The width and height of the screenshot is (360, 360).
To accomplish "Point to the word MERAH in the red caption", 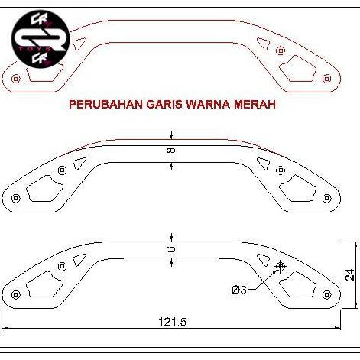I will (x=255, y=105).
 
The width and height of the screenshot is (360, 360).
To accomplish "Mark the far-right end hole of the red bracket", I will (x=327, y=79).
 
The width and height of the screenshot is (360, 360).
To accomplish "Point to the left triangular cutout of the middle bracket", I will (x=77, y=162).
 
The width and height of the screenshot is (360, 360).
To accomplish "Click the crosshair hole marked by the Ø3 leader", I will (x=281, y=266).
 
